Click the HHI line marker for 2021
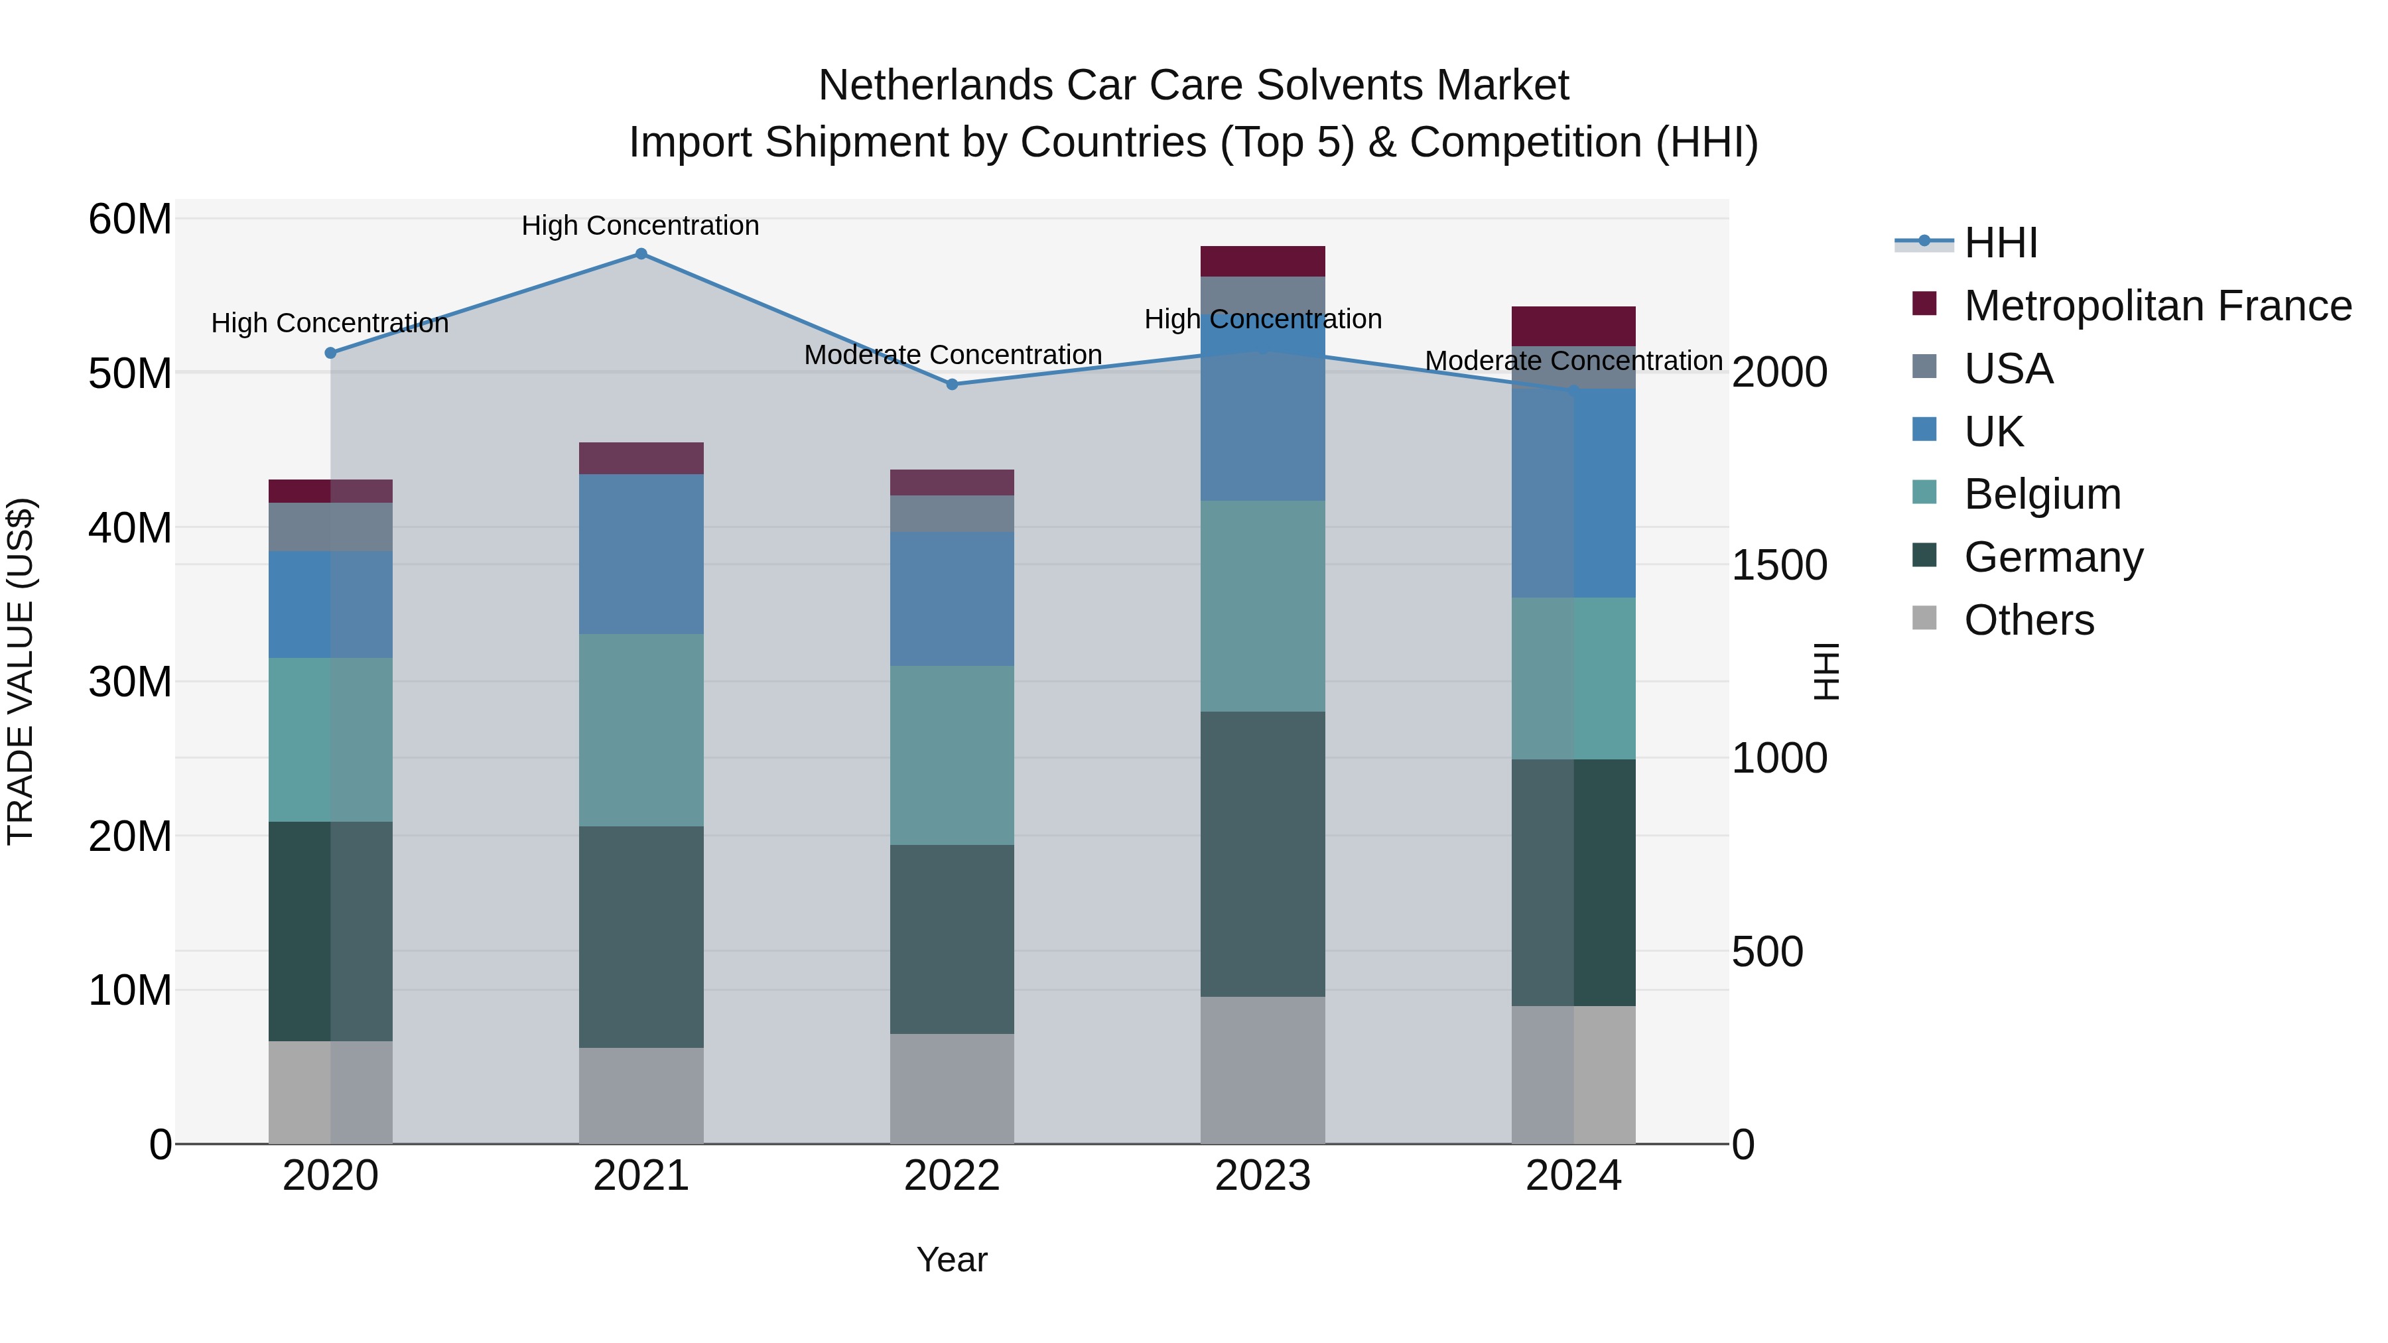pyautogui.click(x=641, y=254)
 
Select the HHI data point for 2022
pyautogui.click(x=952, y=385)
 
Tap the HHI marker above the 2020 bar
pyautogui.click(x=330, y=353)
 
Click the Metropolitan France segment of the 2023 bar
pyautogui.click(x=1262, y=261)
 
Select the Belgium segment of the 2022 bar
pyautogui.click(x=952, y=755)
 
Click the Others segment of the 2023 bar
pyautogui.click(x=1262, y=1070)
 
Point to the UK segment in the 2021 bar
pyautogui.click(x=641, y=554)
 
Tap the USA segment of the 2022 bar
pyautogui.click(x=952, y=513)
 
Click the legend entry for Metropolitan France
pyautogui.click(x=2156, y=306)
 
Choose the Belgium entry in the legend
pyautogui.click(x=2042, y=494)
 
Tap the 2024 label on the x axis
pyautogui.click(x=1573, y=1176)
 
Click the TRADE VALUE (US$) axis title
pyautogui.click(x=21, y=672)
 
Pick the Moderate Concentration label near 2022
pyautogui.click(x=952, y=355)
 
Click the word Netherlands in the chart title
pyautogui.click(x=935, y=86)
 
